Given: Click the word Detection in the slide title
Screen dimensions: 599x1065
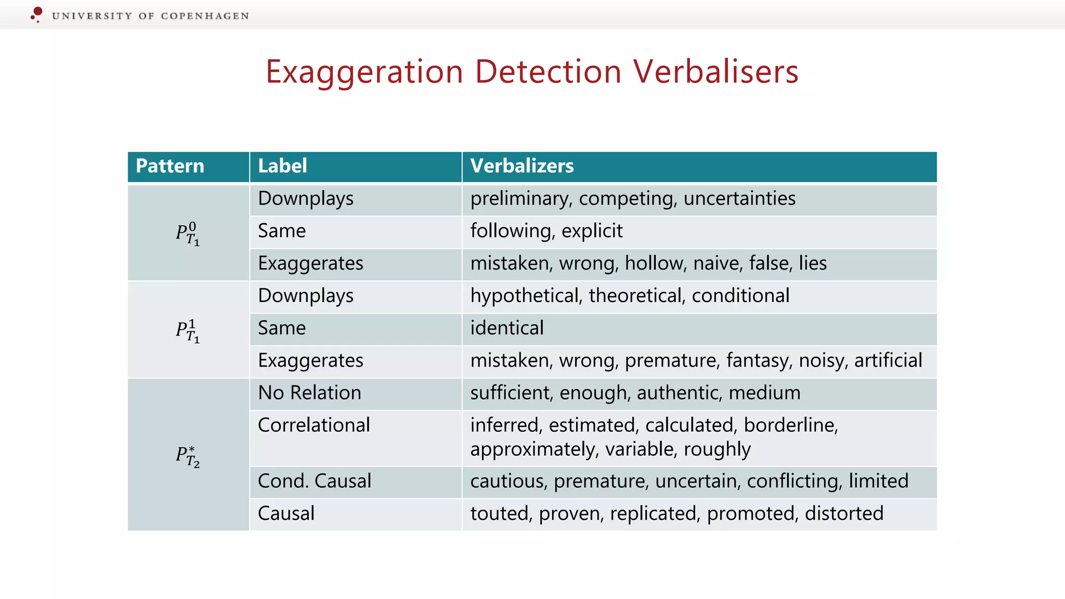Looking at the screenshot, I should pos(548,71).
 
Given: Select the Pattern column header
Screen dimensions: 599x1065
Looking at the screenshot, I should pos(170,166).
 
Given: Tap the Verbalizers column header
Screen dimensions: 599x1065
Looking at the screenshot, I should pos(522,166).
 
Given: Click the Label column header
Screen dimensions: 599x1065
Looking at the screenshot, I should pos(282,166).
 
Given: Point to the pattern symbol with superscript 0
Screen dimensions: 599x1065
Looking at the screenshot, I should pos(188,233).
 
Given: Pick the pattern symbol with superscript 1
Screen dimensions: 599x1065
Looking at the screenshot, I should pos(188,331).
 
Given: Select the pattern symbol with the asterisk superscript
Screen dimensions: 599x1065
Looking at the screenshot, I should pos(188,457).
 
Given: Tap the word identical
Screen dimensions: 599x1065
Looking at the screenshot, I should pos(507,328).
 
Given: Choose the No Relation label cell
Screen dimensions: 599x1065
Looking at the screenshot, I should pos(309,393).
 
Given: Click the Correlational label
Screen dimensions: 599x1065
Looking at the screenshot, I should pos(314,425).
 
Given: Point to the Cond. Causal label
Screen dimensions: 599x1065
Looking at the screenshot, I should pos(315,481).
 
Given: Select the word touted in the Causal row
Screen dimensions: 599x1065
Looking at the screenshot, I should pos(501,514).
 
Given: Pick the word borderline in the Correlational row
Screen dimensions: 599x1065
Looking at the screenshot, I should pos(790,425).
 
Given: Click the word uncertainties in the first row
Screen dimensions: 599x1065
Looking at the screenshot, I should pos(739,199).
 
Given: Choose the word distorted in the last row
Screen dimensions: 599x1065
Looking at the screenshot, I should pos(844,514).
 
